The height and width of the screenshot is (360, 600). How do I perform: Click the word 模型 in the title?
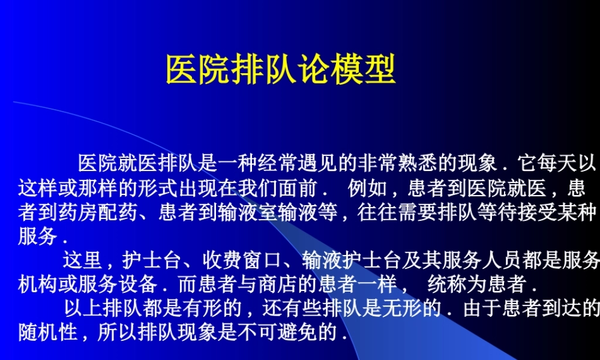pos(363,70)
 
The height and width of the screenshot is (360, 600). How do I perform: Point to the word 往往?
pos(378,213)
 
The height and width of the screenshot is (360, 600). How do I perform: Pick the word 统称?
pos(446,283)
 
